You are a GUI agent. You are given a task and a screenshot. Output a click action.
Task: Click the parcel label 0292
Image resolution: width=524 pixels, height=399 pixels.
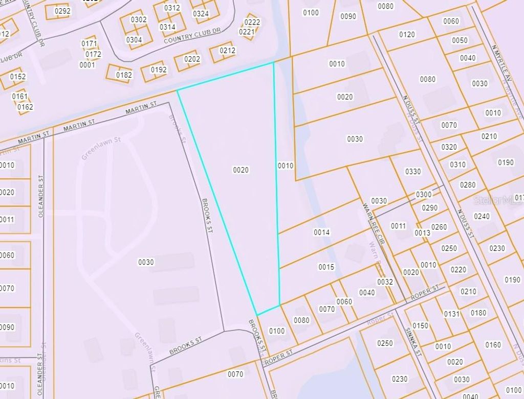coord(62,11)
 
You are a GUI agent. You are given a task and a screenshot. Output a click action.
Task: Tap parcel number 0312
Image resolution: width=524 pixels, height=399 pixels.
coord(172,8)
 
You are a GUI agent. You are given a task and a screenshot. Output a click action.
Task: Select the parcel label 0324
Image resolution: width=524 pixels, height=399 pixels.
coord(201,14)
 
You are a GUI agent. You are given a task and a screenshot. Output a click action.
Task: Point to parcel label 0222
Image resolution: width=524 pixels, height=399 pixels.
coord(252,22)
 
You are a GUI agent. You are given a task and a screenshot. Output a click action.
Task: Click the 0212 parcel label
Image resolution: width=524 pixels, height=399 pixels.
coord(227,51)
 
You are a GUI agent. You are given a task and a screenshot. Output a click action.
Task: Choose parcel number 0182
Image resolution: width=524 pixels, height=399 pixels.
coord(124,75)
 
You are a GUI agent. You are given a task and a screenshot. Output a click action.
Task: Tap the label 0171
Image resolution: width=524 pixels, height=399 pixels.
coord(89,44)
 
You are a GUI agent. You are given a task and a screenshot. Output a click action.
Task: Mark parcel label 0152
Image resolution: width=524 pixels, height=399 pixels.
coord(18,77)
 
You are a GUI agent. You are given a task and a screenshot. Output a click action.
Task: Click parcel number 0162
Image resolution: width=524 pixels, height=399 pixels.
coord(25,107)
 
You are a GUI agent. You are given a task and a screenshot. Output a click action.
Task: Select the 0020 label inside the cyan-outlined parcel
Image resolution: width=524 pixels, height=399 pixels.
coord(241,170)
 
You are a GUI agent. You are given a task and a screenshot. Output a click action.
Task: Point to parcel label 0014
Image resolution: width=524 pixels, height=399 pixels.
coord(322,232)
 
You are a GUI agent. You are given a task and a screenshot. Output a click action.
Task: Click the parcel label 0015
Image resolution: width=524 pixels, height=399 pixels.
coord(326,267)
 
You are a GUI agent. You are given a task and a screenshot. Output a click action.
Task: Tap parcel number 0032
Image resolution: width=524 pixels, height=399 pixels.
coord(385,281)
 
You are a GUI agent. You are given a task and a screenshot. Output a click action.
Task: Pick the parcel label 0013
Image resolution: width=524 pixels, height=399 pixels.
coord(422,233)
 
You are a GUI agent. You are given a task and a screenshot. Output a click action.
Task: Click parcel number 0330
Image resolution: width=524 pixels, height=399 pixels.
coord(412,172)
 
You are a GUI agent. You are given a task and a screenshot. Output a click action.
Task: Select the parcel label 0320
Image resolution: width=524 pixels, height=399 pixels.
coord(449,147)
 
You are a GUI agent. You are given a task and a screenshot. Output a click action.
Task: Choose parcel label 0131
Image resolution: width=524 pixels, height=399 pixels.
coord(452,314)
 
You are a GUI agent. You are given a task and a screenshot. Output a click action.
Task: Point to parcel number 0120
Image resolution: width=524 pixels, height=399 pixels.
coord(407,34)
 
